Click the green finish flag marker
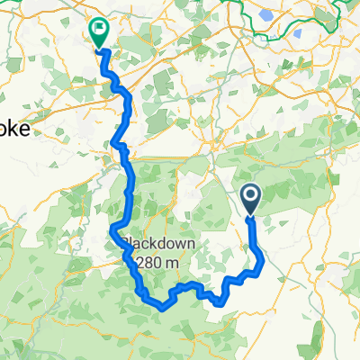point(98,31)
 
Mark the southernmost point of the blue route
point(162,307)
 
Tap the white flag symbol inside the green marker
point(98,28)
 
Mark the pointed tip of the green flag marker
point(98,48)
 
